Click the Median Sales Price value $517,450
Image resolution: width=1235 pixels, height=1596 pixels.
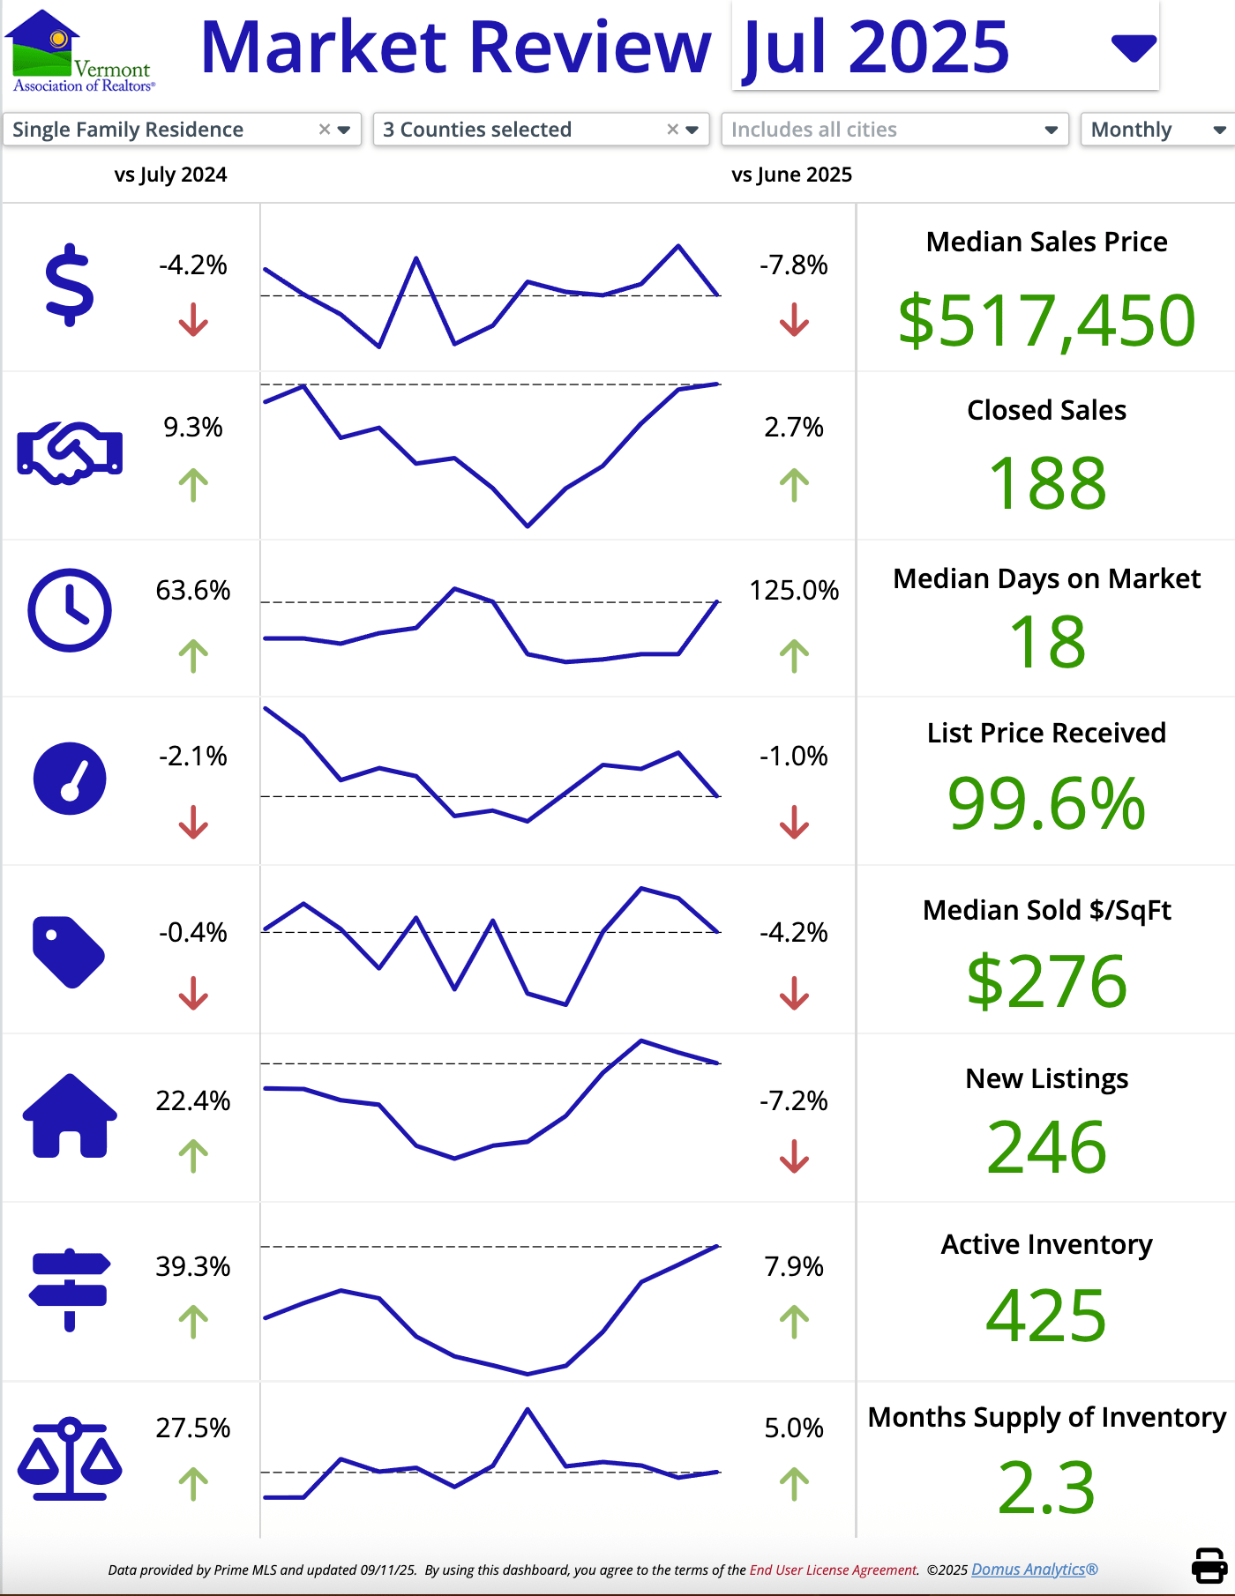[1046, 320]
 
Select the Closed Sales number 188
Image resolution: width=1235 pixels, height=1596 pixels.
[1047, 483]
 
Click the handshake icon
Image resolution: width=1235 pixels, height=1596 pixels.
[70, 452]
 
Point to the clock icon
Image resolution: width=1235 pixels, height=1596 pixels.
[70, 610]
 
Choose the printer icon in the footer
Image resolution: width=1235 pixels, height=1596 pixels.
[1209, 1566]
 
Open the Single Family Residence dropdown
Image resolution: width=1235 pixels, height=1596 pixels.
[182, 130]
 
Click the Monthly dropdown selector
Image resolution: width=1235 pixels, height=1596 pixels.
[1156, 130]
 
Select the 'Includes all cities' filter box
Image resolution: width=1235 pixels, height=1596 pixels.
[894, 130]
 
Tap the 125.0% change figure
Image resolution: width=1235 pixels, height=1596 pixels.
[794, 590]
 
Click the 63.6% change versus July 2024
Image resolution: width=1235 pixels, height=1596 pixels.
[193, 590]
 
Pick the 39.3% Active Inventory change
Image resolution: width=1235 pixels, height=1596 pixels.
[193, 1266]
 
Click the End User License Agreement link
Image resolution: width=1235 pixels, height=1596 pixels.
[834, 1570]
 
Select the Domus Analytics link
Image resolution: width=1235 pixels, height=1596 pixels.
[1034, 1570]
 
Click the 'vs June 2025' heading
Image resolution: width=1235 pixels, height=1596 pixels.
[791, 175]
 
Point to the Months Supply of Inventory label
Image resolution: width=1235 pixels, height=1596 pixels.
[1046, 1417]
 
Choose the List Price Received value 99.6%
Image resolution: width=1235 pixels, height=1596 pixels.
[1046, 803]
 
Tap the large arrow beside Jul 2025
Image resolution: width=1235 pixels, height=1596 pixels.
[1134, 48]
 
